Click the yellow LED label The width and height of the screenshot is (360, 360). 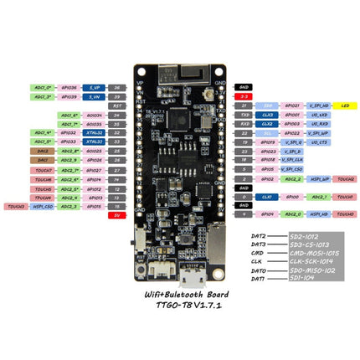coord(346,106)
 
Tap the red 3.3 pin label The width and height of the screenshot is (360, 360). coord(244,96)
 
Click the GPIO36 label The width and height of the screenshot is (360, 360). coord(70,87)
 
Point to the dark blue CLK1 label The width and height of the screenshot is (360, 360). coord(266,196)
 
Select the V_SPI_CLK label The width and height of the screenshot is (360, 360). coord(292,159)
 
